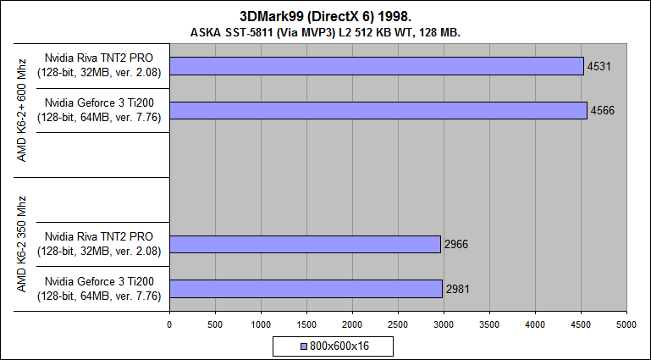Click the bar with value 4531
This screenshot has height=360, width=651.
(377, 66)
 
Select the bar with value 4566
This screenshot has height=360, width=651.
(378, 110)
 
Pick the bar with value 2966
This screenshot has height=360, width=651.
(305, 244)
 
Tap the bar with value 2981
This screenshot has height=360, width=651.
(306, 288)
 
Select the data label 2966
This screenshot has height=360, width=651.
(455, 244)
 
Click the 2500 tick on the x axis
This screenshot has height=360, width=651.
(398, 324)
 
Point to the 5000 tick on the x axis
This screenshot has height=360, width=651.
(626, 324)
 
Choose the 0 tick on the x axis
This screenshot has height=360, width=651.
(169, 324)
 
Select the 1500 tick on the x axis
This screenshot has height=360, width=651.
(306, 324)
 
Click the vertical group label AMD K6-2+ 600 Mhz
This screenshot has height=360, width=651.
(21, 110)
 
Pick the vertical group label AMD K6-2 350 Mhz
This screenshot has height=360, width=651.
(21, 244)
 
